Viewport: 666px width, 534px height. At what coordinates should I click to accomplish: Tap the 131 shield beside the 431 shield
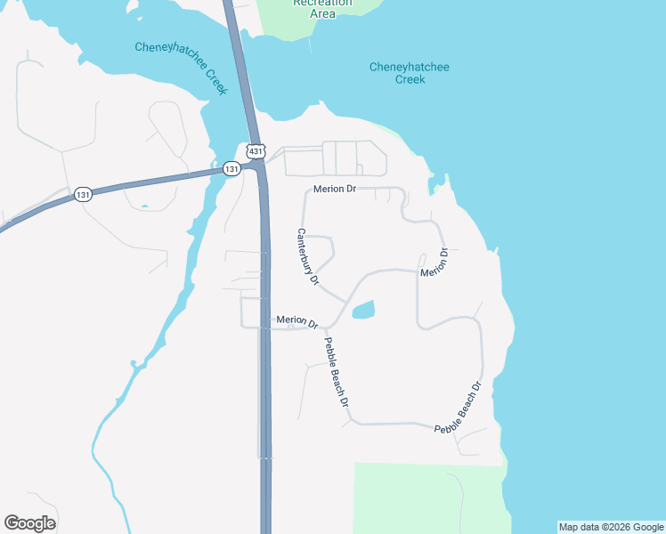(x=231, y=168)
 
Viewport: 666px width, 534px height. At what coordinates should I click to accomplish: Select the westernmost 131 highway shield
(x=83, y=195)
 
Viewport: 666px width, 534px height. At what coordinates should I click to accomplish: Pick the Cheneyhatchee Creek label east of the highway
(x=410, y=73)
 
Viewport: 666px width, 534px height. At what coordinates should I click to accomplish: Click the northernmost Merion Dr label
(x=335, y=190)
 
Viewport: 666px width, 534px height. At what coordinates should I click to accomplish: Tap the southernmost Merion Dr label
(x=297, y=320)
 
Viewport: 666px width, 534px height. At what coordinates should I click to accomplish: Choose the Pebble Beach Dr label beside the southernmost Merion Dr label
(x=336, y=372)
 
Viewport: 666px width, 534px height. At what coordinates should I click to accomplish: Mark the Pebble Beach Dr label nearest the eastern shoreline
(x=459, y=408)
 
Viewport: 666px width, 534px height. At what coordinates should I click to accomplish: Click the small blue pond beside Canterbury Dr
(x=363, y=311)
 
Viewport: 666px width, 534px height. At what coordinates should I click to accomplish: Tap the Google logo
(x=29, y=523)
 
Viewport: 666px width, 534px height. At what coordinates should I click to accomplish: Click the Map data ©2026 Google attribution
(x=611, y=527)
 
